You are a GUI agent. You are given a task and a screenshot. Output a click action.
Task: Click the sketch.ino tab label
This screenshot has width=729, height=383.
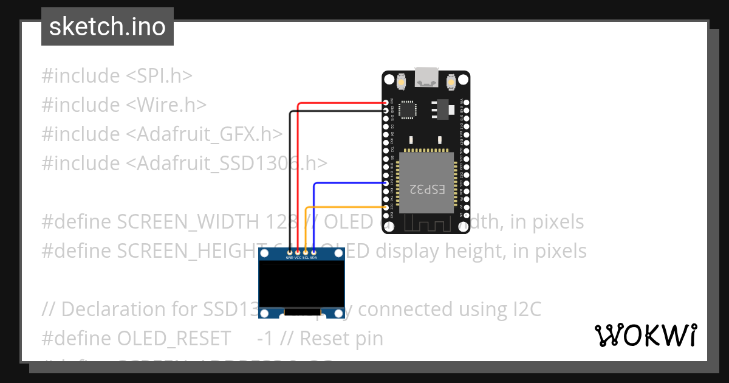(x=108, y=27)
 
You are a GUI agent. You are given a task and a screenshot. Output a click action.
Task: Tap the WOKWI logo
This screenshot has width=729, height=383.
(x=645, y=335)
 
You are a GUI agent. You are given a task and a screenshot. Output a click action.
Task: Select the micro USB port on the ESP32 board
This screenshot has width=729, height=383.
(x=425, y=78)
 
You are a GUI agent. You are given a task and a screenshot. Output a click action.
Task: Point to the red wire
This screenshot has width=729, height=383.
(x=340, y=103)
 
